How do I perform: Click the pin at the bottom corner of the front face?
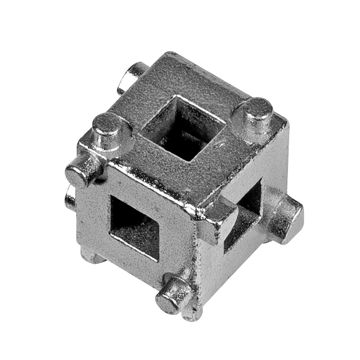(x=173, y=291)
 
